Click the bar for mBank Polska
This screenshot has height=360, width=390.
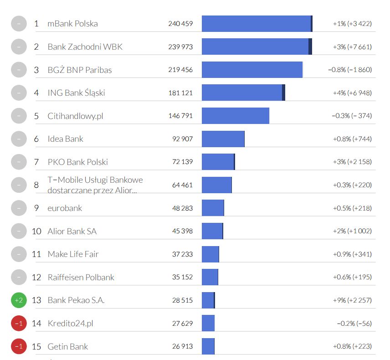click(257, 24)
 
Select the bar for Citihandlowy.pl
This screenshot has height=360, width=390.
click(236, 116)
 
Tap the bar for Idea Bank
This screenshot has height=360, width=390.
click(223, 139)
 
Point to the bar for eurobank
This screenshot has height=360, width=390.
click(213, 208)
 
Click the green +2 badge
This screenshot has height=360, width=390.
click(19, 300)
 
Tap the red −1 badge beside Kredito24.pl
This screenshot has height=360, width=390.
click(19, 324)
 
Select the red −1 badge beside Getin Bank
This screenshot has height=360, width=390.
click(19, 346)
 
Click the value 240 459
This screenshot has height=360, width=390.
click(180, 24)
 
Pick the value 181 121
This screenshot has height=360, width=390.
click(180, 93)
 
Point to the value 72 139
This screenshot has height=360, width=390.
click(182, 162)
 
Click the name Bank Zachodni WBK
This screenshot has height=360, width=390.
click(85, 47)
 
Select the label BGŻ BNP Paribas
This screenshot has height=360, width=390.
click(80, 70)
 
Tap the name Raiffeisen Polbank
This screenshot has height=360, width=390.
click(81, 277)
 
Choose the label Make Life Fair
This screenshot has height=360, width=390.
click(73, 254)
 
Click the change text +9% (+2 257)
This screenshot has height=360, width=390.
click(352, 300)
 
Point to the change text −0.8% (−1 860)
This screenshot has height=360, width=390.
click(350, 70)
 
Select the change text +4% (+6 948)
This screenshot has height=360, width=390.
click(352, 93)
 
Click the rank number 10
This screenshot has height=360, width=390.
click(36, 231)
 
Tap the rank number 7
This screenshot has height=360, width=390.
click(36, 162)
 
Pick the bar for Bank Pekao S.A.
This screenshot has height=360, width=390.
click(208, 300)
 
